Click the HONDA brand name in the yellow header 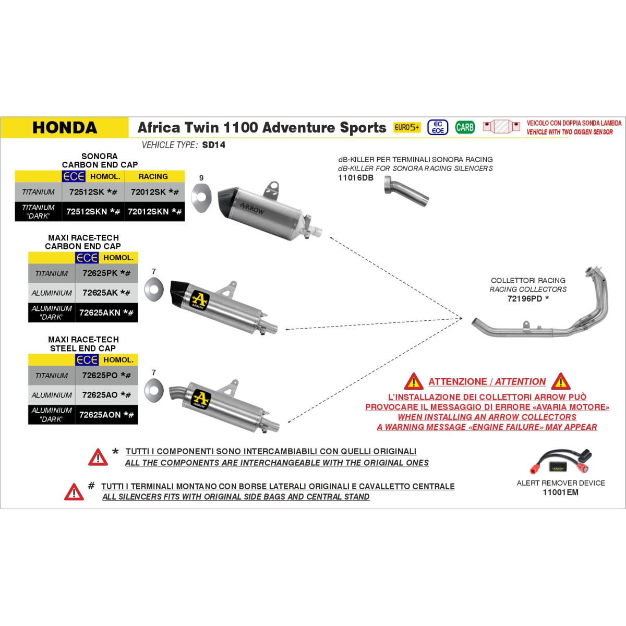click(65, 127)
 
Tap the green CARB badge click(465, 127)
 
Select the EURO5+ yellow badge click(407, 127)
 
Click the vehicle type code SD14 click(214, 145)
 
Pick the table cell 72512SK click(93, 192)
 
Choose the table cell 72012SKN click(154, 211)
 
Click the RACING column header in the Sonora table click(153, 176)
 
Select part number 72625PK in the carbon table click(106, 273)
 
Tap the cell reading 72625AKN click(106, 312)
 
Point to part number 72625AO click(106, 395)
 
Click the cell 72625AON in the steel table click(106, 415)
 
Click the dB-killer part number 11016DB click(356, 178)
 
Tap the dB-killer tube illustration click(406, 191)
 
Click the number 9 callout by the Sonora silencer click(201, 178)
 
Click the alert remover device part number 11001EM click(560, 492)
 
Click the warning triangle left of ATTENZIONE click(413, 381)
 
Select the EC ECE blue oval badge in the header click(438, 127)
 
